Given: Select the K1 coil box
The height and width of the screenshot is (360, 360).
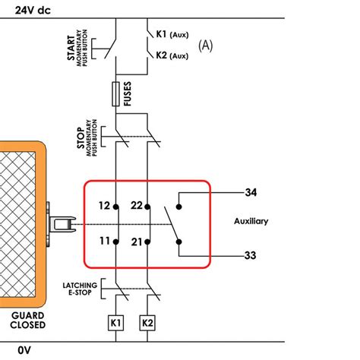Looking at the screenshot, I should coord(115,324).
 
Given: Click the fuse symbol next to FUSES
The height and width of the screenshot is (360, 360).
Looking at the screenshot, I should coord(115,94).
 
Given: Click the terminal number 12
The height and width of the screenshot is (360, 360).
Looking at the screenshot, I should coord(103,206).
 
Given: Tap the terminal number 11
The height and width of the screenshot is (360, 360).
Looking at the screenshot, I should coord(103,242).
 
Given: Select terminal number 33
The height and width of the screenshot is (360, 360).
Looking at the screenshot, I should coord(251,255).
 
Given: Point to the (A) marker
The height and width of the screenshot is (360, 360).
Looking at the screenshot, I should coord(206,46).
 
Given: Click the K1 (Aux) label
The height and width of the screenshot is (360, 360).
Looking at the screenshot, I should coord(172,35).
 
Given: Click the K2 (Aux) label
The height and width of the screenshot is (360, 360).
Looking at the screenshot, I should coord(172,55).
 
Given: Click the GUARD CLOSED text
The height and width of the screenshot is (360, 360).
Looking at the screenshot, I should coord(27,320).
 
